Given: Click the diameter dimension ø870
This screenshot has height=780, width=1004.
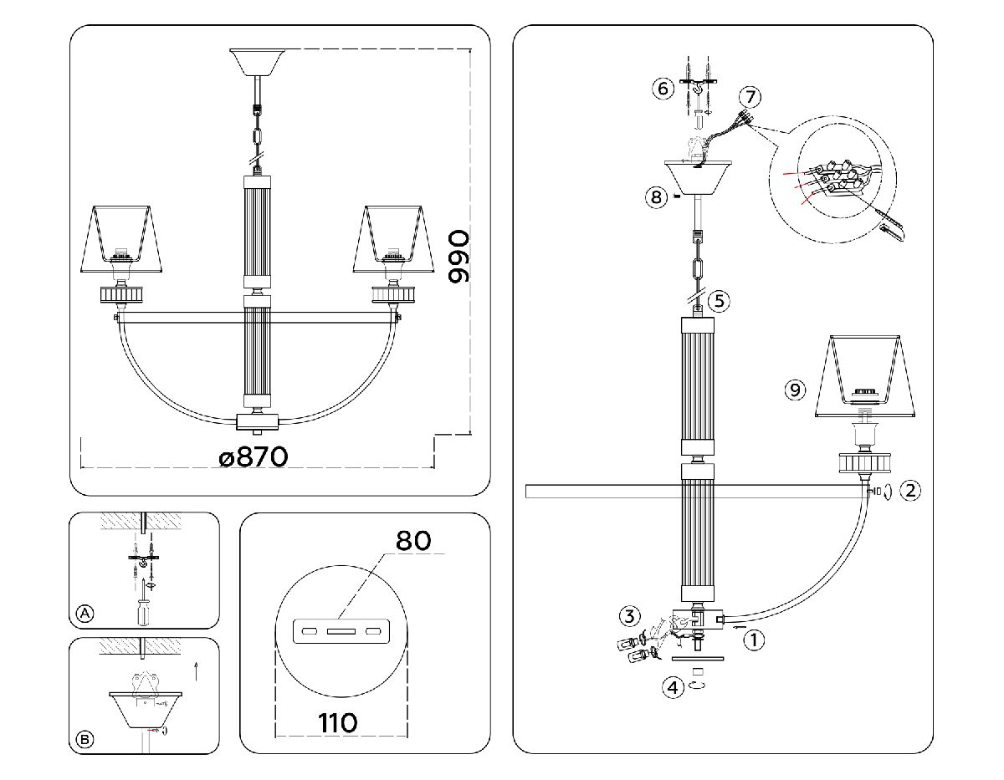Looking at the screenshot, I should (x=254, y=456).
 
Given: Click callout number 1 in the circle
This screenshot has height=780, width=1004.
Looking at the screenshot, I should (x=755, y=641).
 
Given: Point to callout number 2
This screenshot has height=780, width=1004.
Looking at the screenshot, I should (x=911, y=491).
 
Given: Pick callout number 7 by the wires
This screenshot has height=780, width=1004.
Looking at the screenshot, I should (x=750, y=97).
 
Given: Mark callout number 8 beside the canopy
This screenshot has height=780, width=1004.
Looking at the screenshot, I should (x=656, y=197).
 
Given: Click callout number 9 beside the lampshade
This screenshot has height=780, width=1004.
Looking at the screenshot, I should (x=795, y=389).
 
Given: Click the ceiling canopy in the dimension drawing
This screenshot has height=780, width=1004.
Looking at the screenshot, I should (x=258, y=62).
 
